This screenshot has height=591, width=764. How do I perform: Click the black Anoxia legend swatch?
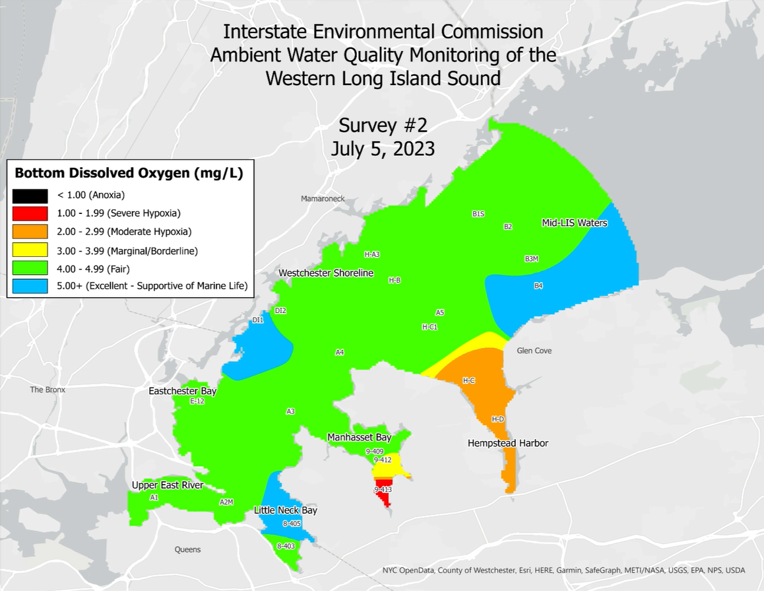pyautogui.click(x=30, y=195)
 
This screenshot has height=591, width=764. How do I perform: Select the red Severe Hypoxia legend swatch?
pyautogui.click(x=30, y=213)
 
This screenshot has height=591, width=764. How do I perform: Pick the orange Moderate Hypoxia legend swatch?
pyautogui.click(x=30, y=232)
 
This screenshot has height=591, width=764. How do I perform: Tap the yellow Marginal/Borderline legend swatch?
pyautogui.click(x=30, y=250)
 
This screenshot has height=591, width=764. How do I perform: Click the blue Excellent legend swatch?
pyautogui.click(x=30, y=286)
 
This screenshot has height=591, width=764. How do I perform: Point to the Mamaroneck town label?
pyautogui.click(x=323, y=199)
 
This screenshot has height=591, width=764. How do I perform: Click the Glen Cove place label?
pyautogui.click(x=534, y=351)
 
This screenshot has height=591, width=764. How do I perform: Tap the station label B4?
pyautogui.click(x=538, y=286)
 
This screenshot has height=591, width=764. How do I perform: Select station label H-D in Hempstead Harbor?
pyautogui.click(x=498, y=419)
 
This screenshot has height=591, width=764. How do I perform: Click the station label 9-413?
pyautogui.click(x=383, y=490)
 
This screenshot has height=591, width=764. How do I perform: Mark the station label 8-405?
pyautogui.click(x=292, y=524)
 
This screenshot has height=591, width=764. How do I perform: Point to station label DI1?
pyautogui.click(x=258, y=320)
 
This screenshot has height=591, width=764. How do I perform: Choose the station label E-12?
pyautogui.click(x=197, y=401)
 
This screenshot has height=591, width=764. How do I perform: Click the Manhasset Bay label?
pyautogui.click(x=360, y=437)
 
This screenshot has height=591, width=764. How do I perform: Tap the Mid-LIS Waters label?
pyautogui.click(x=574, y=223)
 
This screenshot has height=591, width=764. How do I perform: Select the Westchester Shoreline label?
pyautogui.click(x=326, y=273)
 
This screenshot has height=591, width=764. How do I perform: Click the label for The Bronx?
pyautogui.click(x=48, y=390)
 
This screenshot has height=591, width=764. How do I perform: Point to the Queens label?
pyautogui.click(x=187, y=549)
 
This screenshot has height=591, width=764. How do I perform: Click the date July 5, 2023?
pyautogui.click(x=383, y=149)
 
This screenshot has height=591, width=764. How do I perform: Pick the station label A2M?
pyautogui.click(x=226, y=502)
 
